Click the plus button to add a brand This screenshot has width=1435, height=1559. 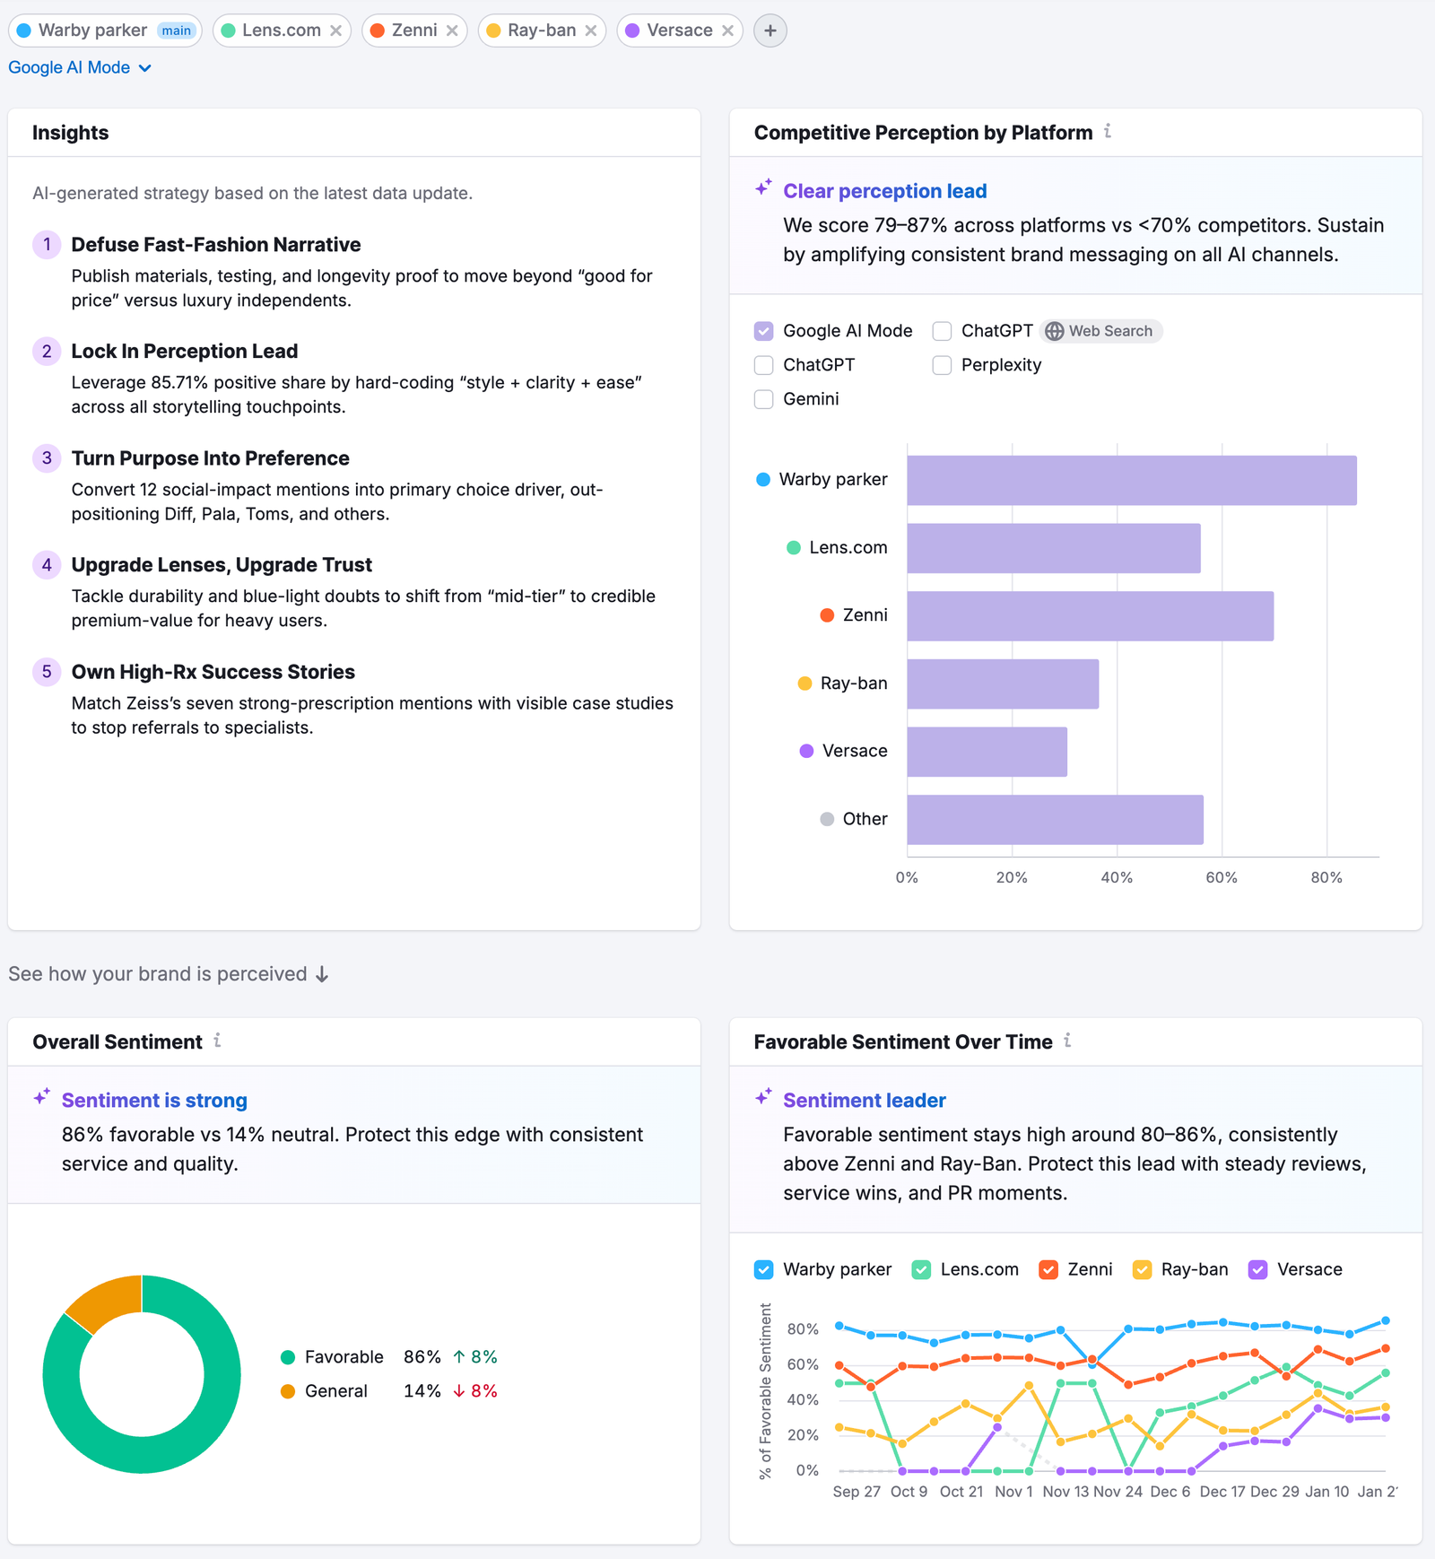pyautogui.click(x=770, y=30)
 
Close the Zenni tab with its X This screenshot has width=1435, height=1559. pyautogui.click(x=452, y=30)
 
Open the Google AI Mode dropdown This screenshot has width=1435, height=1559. pyautogui.click(x=80, y=68)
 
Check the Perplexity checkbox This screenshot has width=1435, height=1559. pyautogui.click(x=942, y=365)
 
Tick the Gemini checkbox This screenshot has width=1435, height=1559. pyautogui.click(x=764, y=399)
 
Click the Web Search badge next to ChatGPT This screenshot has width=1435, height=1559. pyautogui.click(x=1100, y=331)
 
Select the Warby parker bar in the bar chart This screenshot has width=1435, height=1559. pyautogui.click(x=1130, y=481)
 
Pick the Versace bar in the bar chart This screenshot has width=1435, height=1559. pyautogui.click(x=987, y=752)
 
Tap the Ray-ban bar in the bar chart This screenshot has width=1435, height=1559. pyautogui.click(x=1002, y=684)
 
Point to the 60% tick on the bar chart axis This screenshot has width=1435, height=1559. pyautogui.click(x=1222, y=877)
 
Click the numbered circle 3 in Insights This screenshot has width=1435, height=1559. pyautogui.click(x=47, y=458)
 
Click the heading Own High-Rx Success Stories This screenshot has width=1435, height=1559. pyautogui.click(x=213, y=672)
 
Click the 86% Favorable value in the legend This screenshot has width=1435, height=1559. pyautogui.click(x=422, y=1357)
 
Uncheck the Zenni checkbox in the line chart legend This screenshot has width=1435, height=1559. pyautogui.click(x=1048, y=1270)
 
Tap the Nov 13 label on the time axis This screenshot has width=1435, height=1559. pyautogui.click(x=1065, y=1492)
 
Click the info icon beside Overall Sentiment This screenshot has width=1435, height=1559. pyautogui.click(x=217, y=1041)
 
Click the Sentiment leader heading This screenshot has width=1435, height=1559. pyautogui.click(x=864, y=1101)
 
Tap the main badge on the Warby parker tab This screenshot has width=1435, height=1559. pyautogui.click(x=176, y=30)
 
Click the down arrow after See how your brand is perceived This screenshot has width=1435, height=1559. pyautogui.click(x=322, y=975)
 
